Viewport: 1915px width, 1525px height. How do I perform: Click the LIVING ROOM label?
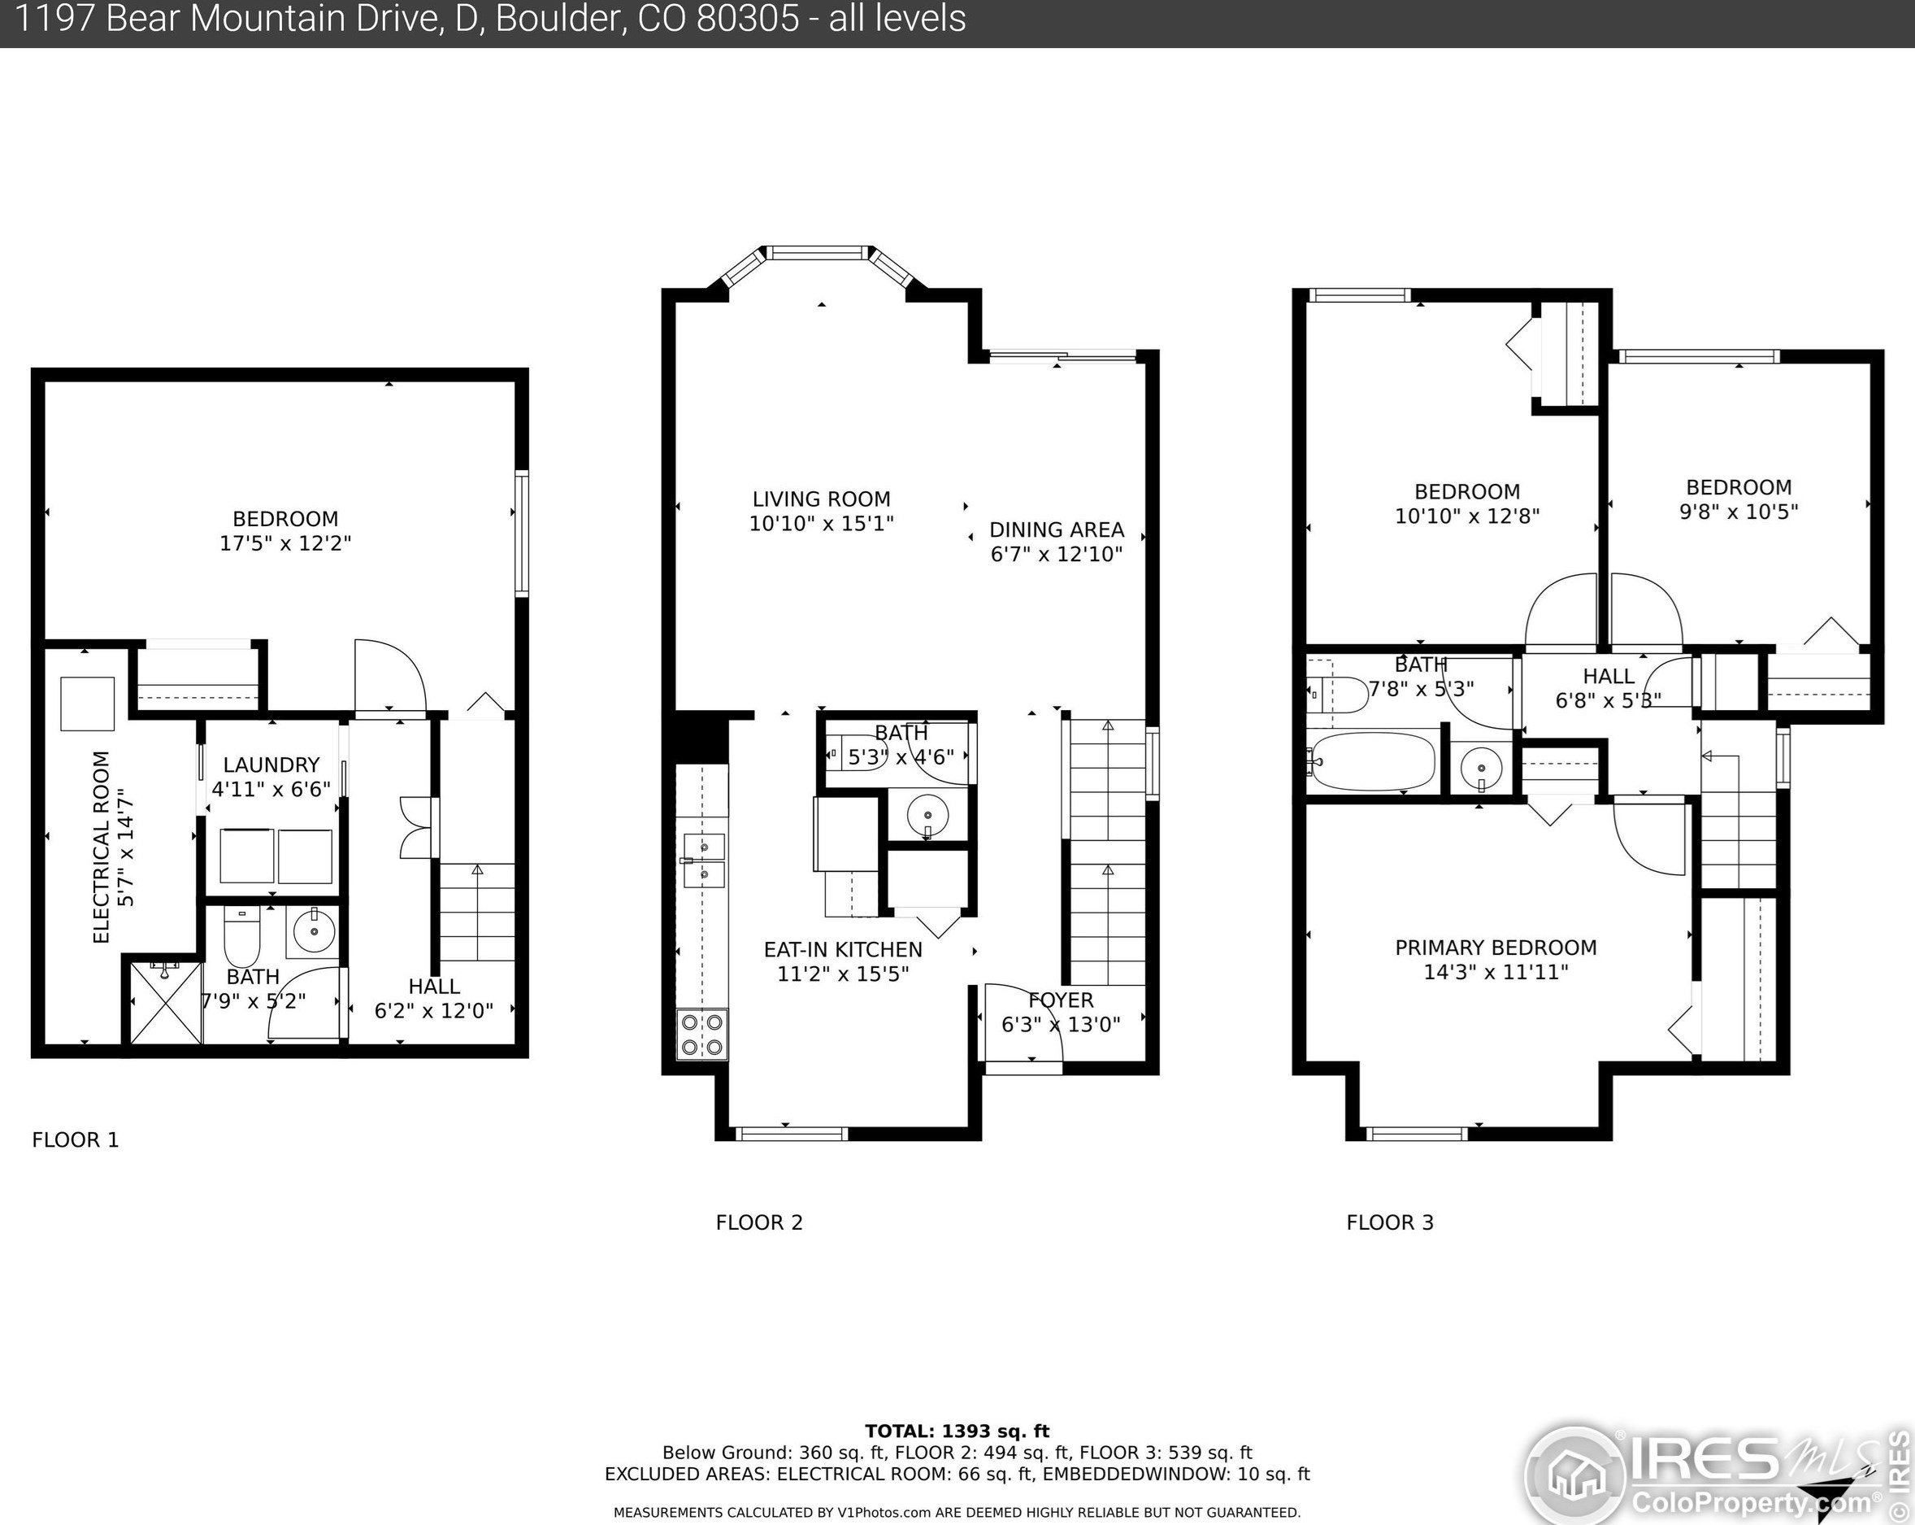[821, 499]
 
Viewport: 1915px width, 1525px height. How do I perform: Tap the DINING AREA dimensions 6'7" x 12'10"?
[1056, 555]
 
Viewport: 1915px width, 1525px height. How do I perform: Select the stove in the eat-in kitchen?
[702, 1035]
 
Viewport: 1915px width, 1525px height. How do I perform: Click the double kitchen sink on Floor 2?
[703, 861]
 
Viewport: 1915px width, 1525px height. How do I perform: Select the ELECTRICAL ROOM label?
[102, 847]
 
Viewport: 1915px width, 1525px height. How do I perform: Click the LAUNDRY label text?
[271, 765]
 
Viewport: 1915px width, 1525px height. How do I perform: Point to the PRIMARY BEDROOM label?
[1496, 948]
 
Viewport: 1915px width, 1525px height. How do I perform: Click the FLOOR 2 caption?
[758, 1222]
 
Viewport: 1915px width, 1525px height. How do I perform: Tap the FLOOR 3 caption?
[1389, 1222]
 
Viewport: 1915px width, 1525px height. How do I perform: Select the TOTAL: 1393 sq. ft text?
[957, 1431]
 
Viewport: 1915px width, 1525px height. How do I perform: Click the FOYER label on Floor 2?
[1061, 1000]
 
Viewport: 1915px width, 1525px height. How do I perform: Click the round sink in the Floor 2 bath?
[927, 815]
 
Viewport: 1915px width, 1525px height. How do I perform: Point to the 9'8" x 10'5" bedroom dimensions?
[1739, 512]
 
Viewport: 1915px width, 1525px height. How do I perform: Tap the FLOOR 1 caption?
[75, 1140]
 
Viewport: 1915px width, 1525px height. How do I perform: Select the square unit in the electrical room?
[87, 704]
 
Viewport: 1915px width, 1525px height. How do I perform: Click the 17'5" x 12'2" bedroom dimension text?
[285, 543]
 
